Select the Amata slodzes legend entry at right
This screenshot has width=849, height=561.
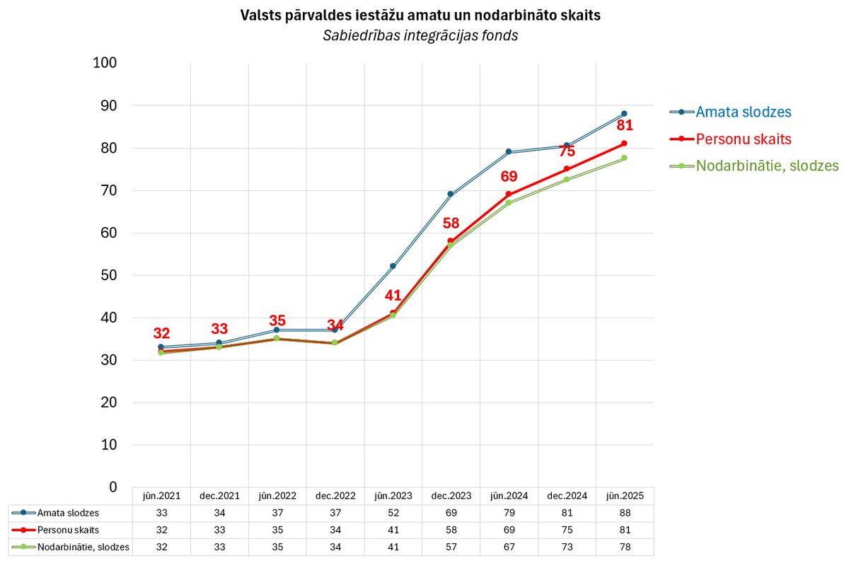[x=743, y=112]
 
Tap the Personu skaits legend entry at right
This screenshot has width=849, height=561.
[x=743, y=139]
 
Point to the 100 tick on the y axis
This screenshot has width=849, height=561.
[x=105, y=63]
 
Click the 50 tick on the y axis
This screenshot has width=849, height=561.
[x=108, y=275]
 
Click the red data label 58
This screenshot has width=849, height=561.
[x=451, y=224]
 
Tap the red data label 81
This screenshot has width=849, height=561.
[x=624, y=126]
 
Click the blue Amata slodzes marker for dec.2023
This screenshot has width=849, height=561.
[x=451, y=195]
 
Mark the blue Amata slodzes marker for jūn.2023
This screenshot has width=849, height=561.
[x=393, y=267]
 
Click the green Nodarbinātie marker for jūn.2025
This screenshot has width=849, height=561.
[x=624, y=158]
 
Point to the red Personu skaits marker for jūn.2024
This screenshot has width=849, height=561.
[x=509, y=195]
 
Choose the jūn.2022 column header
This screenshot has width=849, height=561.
[x=277, y=496]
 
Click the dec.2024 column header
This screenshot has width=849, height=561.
[x=566, y=496]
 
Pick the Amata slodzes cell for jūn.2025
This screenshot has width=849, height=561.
[x=624, y=513]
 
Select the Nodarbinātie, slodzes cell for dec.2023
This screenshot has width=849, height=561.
[x=451, y=547]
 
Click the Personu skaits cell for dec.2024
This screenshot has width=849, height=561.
[x=566, y=530]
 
